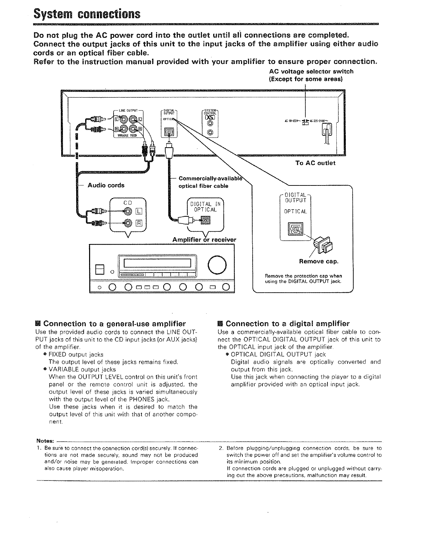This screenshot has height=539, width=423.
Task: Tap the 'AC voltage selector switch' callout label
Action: (311, 75)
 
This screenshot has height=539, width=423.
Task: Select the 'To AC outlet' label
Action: (315, 163)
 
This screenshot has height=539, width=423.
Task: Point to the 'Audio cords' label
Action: (106, 185)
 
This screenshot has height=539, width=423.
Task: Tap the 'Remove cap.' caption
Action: (319, 261)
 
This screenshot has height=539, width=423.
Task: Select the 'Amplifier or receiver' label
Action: (204, 240)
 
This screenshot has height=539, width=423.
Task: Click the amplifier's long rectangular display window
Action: (159, 263)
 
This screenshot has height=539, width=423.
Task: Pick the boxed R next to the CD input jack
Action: (139, 223)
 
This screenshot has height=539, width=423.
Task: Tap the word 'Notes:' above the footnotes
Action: (45, 441)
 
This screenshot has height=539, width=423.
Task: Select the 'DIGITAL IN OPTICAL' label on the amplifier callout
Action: (205, 207)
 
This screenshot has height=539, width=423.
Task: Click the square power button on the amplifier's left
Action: (100, 269)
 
